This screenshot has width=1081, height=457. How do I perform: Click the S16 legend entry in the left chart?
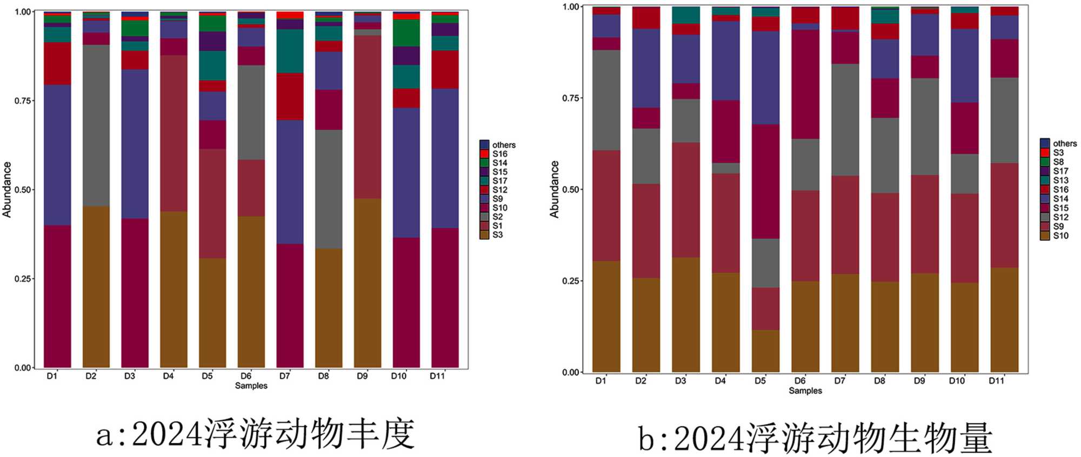(499, 154)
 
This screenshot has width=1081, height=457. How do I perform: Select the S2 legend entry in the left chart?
(497, 217)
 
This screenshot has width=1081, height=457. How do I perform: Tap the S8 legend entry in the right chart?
(1058, 162)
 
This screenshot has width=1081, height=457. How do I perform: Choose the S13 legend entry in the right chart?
(1060, 180)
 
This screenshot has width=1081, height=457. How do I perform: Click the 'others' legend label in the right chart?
(1064, 143)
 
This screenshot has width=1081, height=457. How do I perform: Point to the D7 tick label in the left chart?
(284, 376)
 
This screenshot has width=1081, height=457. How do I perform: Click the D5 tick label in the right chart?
(760, 381)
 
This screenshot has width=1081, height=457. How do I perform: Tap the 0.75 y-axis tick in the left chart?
(23, 100)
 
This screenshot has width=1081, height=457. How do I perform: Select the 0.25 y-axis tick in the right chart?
(571, 281)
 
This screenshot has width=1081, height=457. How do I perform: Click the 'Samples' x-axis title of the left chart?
(251, 386)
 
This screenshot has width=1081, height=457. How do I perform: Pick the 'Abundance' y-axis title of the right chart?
(554, 189)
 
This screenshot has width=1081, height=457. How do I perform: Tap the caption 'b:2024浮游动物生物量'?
(815, 438)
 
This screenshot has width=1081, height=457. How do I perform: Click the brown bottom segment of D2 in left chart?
(96, 286)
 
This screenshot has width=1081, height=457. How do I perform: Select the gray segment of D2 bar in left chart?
(96, 125)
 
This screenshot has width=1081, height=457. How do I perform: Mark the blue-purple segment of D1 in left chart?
(57, 155)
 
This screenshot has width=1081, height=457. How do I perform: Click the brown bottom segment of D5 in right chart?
(765, 351)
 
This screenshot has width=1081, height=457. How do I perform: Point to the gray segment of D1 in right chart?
(606, 100)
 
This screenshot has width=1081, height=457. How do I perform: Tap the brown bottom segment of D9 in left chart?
(368, 283)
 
